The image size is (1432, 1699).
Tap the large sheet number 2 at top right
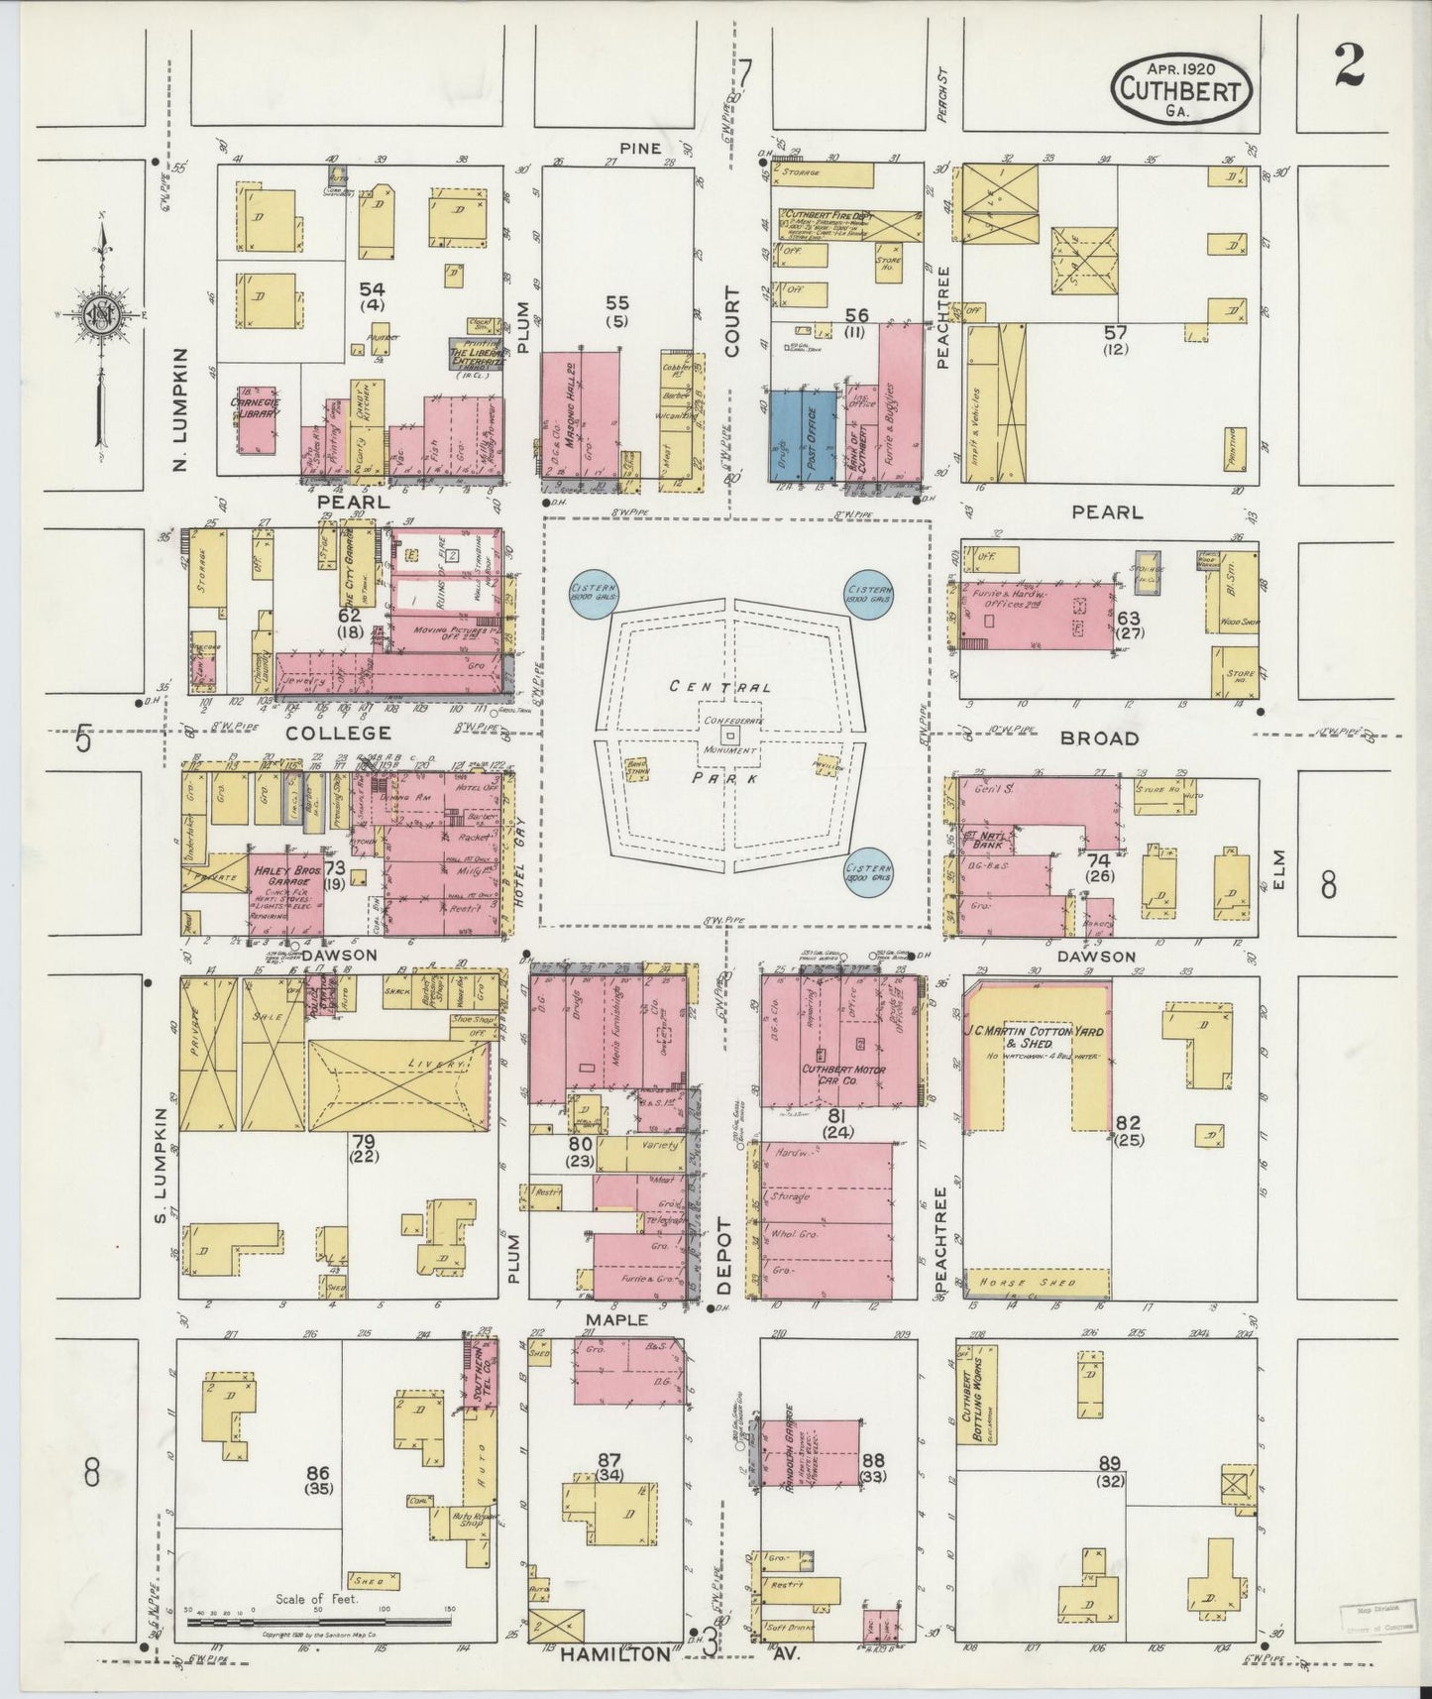click(x=1349, y=66)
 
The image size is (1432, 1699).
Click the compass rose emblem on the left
click(x=102, y=316)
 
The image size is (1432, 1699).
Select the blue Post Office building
click(x=805, y=433)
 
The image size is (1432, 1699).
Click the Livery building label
click(x=436, y=1063)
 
